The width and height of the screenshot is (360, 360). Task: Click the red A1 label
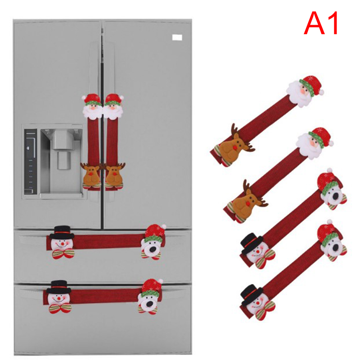321,23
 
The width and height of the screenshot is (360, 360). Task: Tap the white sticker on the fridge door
177,37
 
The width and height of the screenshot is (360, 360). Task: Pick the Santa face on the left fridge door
92,107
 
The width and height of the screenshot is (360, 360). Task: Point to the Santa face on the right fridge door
113,107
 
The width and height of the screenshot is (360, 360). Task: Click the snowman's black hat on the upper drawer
62,232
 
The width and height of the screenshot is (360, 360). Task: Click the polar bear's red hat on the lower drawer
152,287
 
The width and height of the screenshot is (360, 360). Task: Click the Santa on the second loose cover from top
315,143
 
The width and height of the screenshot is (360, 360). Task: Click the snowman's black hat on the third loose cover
252,243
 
